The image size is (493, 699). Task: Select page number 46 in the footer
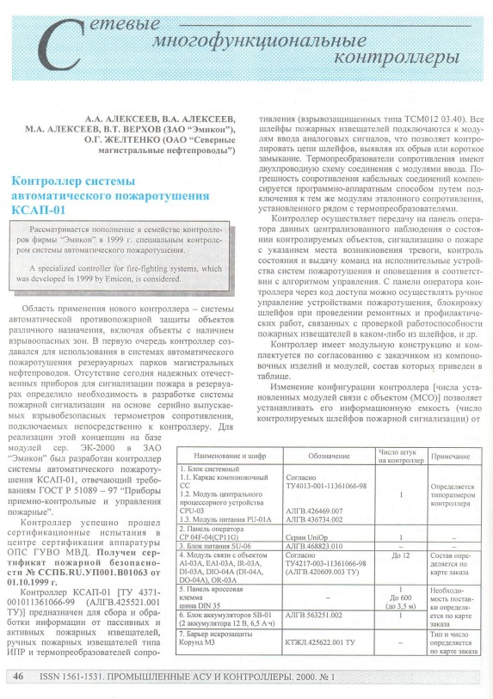18,678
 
